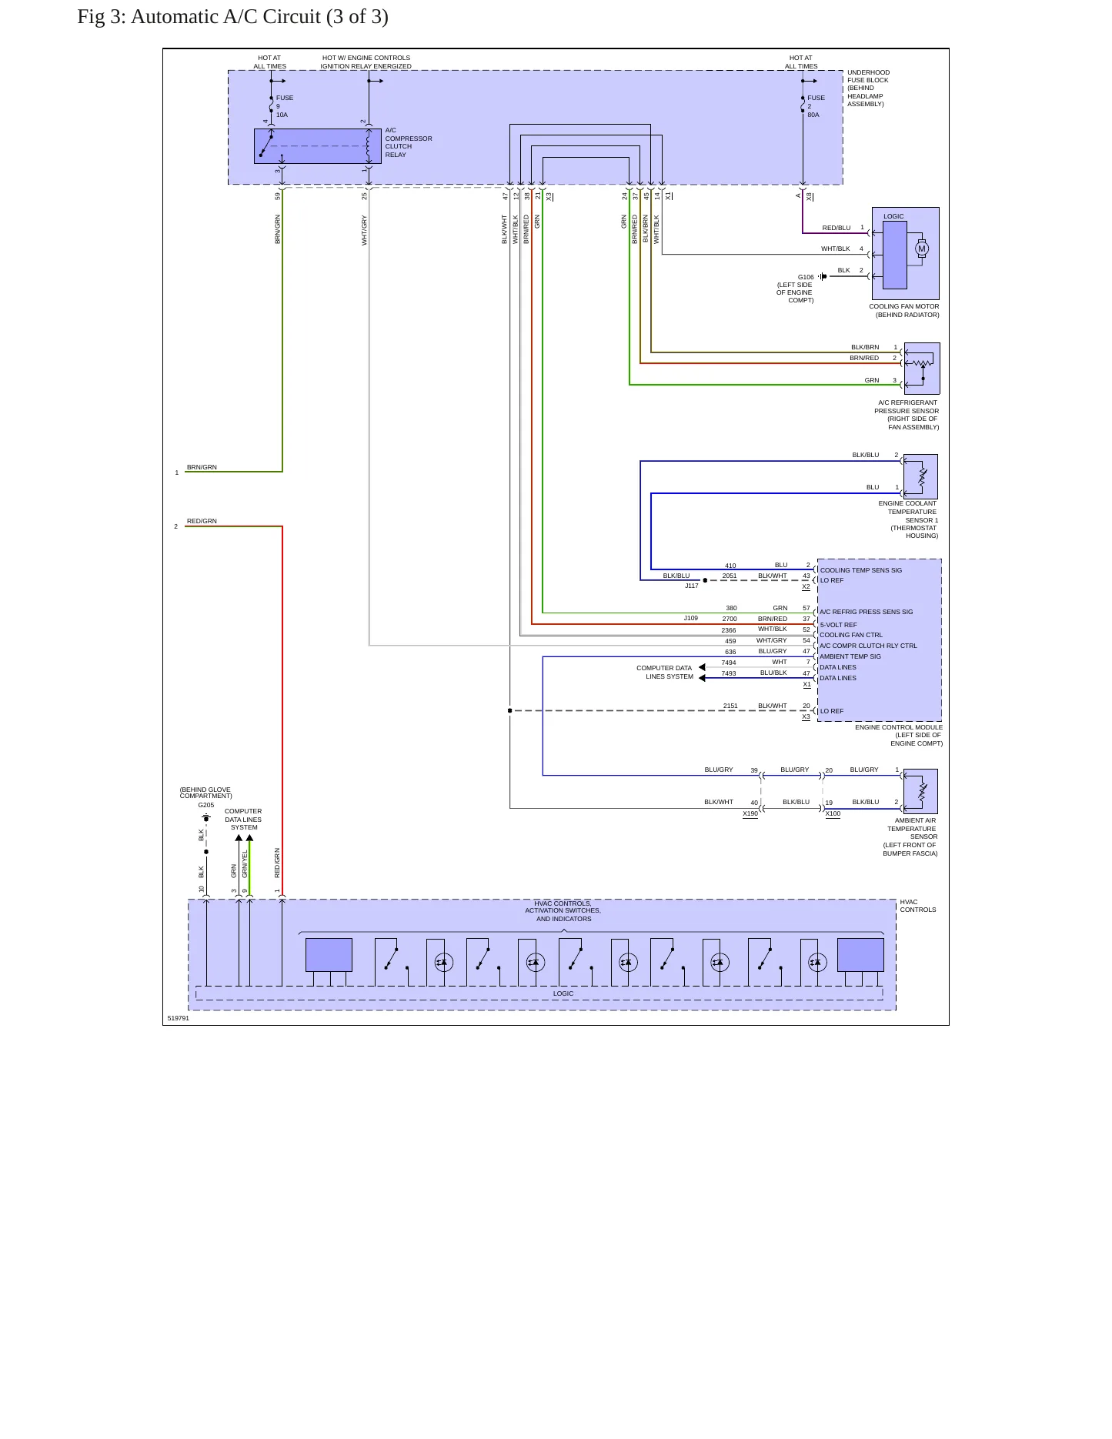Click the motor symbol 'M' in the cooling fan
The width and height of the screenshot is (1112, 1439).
922,249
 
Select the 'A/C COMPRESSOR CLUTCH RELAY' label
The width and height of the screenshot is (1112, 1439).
409,142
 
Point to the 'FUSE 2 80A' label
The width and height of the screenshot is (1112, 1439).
816,106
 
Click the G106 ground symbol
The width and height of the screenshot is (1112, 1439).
823,276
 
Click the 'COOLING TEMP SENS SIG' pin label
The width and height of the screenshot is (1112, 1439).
861,570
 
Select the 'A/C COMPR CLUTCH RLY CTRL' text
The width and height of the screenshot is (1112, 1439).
868,646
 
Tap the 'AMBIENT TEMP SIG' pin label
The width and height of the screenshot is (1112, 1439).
850,656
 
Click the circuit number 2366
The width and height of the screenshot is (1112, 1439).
729,630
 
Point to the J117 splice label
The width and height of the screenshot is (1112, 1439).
692,586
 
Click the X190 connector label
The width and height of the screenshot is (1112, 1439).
750,813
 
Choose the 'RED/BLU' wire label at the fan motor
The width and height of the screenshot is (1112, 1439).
837,228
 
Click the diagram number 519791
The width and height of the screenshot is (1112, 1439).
178,1018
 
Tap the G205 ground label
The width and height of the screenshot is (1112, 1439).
206,805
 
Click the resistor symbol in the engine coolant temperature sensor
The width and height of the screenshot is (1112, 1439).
923,477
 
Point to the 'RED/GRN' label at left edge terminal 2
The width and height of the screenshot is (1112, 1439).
202,521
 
